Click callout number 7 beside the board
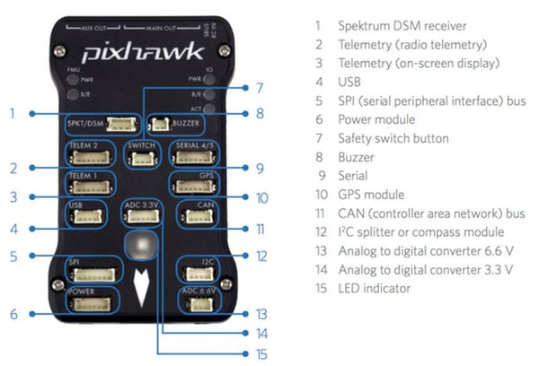(258, 88)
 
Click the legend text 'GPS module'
(373, 195)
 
